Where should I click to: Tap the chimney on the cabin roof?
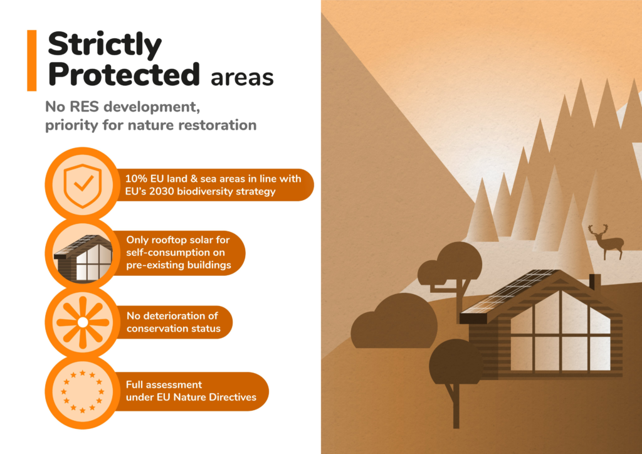594,282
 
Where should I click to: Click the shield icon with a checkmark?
83,186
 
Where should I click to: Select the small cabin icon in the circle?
83,258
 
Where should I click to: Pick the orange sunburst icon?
83,322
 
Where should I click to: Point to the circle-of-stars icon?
83,391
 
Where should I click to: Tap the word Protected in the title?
124,75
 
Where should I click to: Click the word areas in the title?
242,77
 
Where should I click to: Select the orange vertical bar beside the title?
31,60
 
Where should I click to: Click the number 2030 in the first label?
161,192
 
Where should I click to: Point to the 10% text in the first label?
136,179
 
